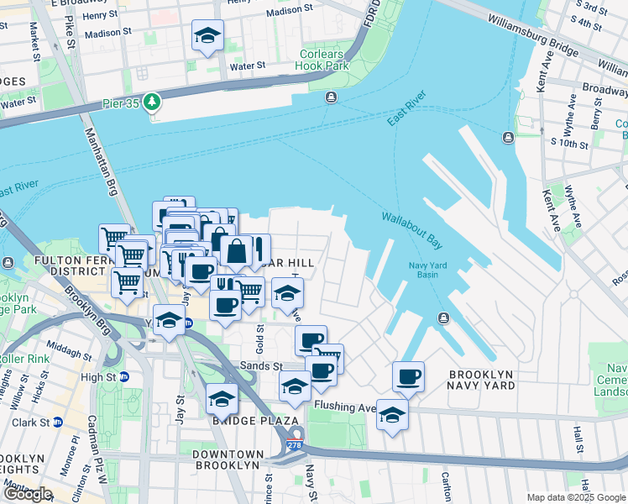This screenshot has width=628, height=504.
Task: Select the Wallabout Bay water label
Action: [411, 228]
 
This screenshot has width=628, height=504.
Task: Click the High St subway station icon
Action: [123, 377]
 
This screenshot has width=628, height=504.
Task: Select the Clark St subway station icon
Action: [58, 423]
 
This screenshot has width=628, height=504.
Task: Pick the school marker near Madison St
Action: [207, 36]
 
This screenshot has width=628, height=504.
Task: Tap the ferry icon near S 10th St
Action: [507, 138]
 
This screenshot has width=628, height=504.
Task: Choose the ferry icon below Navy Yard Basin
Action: [443, 317]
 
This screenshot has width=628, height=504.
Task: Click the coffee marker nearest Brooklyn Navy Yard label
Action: [408, 376]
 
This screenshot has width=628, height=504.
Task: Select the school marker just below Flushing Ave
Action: [391, 415]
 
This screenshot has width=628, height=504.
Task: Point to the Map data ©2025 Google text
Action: [576, 497]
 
